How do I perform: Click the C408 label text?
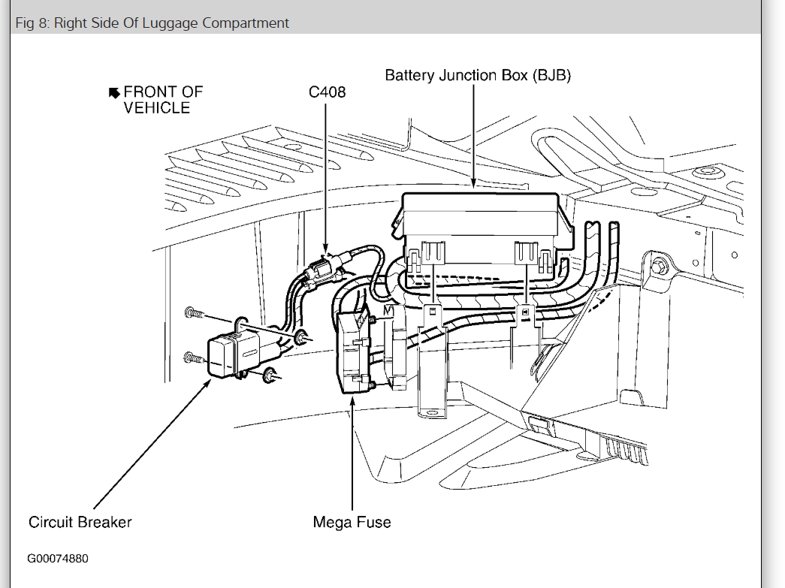tap(327, 92)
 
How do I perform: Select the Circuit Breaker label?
tap(80, 522)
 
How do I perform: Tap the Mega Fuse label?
tap(352, 522)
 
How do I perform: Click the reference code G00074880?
tap(59, 559)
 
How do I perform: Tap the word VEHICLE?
tap(157, 108)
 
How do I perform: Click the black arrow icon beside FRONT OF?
tap(114, 92)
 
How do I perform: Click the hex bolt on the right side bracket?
tap(658, 265)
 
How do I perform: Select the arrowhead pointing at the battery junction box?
tap(473, 182)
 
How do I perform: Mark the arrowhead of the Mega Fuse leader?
tap(352, 397)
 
